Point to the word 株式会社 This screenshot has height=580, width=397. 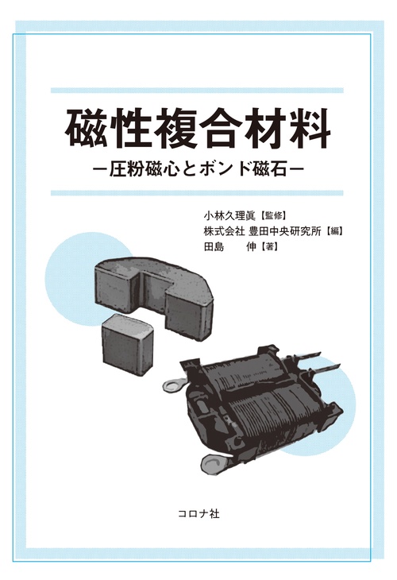(224, 232)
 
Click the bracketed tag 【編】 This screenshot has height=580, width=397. (341, 232)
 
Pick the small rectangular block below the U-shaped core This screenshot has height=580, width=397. (126, 342)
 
